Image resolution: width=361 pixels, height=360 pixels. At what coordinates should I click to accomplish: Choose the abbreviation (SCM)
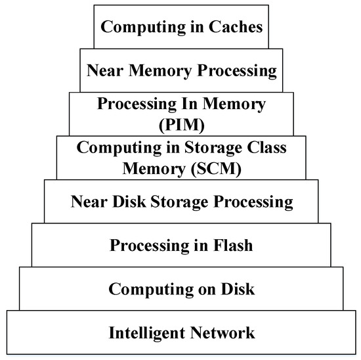[218, 168]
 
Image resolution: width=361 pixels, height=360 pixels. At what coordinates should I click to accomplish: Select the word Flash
[229, 246]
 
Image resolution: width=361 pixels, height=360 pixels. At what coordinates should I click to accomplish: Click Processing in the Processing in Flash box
[148, 246]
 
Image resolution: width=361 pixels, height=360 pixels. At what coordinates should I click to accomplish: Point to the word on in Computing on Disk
[198, 289]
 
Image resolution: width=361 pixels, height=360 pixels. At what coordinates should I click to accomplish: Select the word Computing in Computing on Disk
[146, 289]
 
